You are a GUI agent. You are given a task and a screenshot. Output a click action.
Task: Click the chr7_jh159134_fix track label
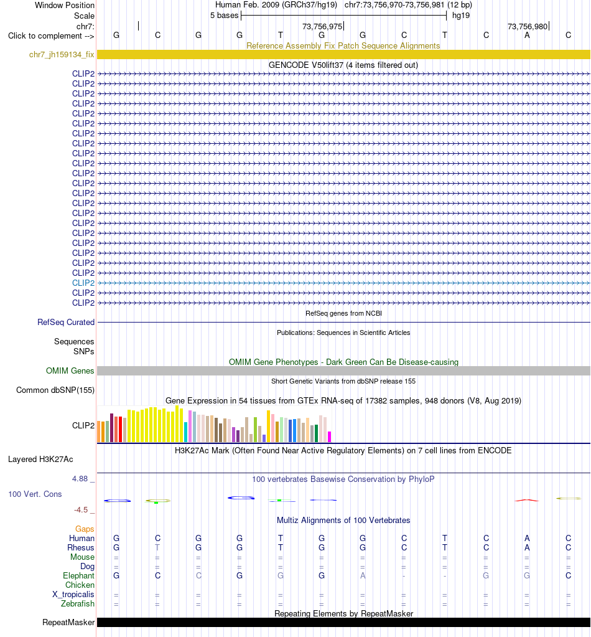pyautogui.click(x=62, y=54)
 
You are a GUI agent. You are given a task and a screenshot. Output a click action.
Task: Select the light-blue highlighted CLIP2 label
pyautogui.click(x=83, y=283)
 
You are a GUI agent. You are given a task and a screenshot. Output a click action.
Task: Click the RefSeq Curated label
pyautogui.click(x=66, y=322)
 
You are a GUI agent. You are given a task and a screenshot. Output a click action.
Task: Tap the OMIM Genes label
pyautogui.click(x=70, y=370)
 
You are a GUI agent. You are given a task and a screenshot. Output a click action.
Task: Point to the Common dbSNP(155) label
pyautogui.click(x=55, y=390)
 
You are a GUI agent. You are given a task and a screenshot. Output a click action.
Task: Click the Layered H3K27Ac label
pyautogui.click(x=40, y=460)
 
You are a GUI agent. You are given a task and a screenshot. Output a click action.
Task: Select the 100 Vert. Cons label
pyautogui.click(x=35, y=494)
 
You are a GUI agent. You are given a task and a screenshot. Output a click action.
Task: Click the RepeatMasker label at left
pyautogui.click(x=68, y=623)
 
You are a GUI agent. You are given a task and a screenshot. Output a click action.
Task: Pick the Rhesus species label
pyautogui.click(x=81, y=547)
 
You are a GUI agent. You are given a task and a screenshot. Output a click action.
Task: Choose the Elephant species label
pyautogui.click(x=78, y=575)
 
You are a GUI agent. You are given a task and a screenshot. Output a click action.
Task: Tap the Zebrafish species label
pyautogui.click(x=78, y=604)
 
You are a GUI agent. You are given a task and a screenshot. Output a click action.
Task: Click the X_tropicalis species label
pyautogui.click(x=73, y=594)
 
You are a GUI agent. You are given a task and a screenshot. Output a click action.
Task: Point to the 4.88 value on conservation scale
pyautogui.click(x=80, y=479)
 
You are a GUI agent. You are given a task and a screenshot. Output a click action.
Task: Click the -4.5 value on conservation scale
pyautogui.click(x=81, y=510)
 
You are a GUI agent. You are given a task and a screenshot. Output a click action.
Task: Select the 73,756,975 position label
pyautogui.click(x=322, y=26)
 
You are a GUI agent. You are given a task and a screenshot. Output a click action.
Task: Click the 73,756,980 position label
pyautogui.click(x=528, y=26)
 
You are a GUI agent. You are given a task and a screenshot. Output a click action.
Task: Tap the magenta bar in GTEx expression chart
pyautogui.click(x=330, y=436)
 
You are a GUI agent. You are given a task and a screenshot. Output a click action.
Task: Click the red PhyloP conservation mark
pyautogui.click(x=527, y=500)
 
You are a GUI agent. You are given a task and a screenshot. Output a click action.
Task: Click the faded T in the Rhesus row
pyautogui.click(x=157, y=547)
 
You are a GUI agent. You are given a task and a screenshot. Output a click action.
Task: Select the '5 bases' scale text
pyautogui.click(x=224, y=16)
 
